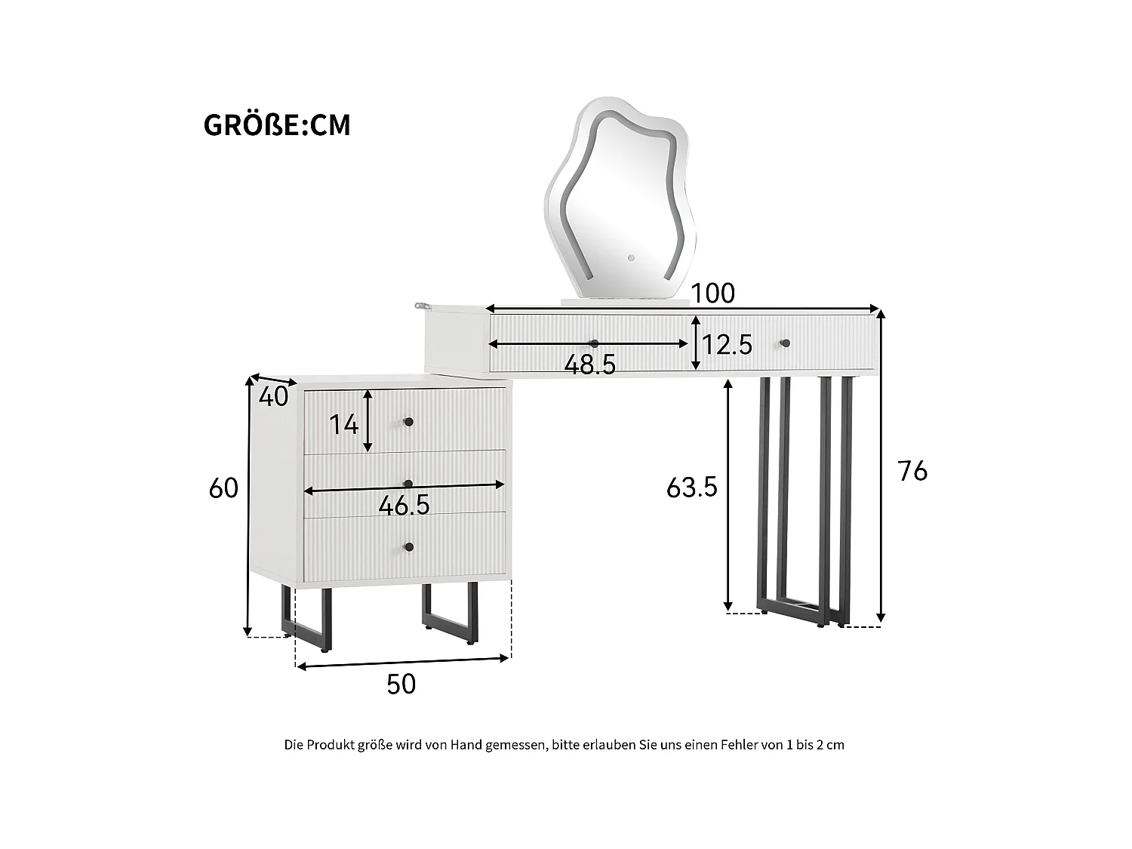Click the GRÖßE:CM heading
[x=277, y=125]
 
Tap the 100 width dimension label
[x=712, y=293]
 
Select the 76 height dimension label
[x=912, y=471]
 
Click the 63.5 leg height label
[x=691, y=488]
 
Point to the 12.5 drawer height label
[x=727, y=345]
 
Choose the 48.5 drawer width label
[x=590, y=365]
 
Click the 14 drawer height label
[x=343, y=425]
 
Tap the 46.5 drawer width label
[x=404, y=506]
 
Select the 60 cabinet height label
[x=223, y=488]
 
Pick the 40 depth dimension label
[x=273, y=396]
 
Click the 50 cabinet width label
[x=401, y=684]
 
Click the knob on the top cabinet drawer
[x=409, y=422]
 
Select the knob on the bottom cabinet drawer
[x=409, y=547]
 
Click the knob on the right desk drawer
[x=785, y=343]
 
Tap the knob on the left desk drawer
[x=594, y=343]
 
